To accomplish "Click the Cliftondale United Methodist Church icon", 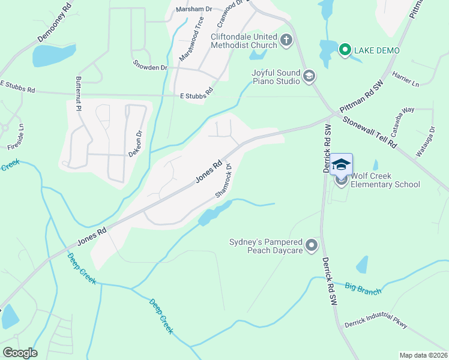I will [x=286, y=41].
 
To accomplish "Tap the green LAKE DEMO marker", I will [x=345, y=50].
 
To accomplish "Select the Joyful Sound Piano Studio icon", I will [x=309, y=76].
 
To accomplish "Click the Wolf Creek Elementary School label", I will [x=385, y=180].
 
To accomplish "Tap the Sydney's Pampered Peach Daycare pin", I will [x=312, y=245].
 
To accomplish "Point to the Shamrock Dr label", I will [x=223, y=182].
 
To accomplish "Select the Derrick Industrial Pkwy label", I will [x=376, y=325].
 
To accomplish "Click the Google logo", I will [x=20, y=353].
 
